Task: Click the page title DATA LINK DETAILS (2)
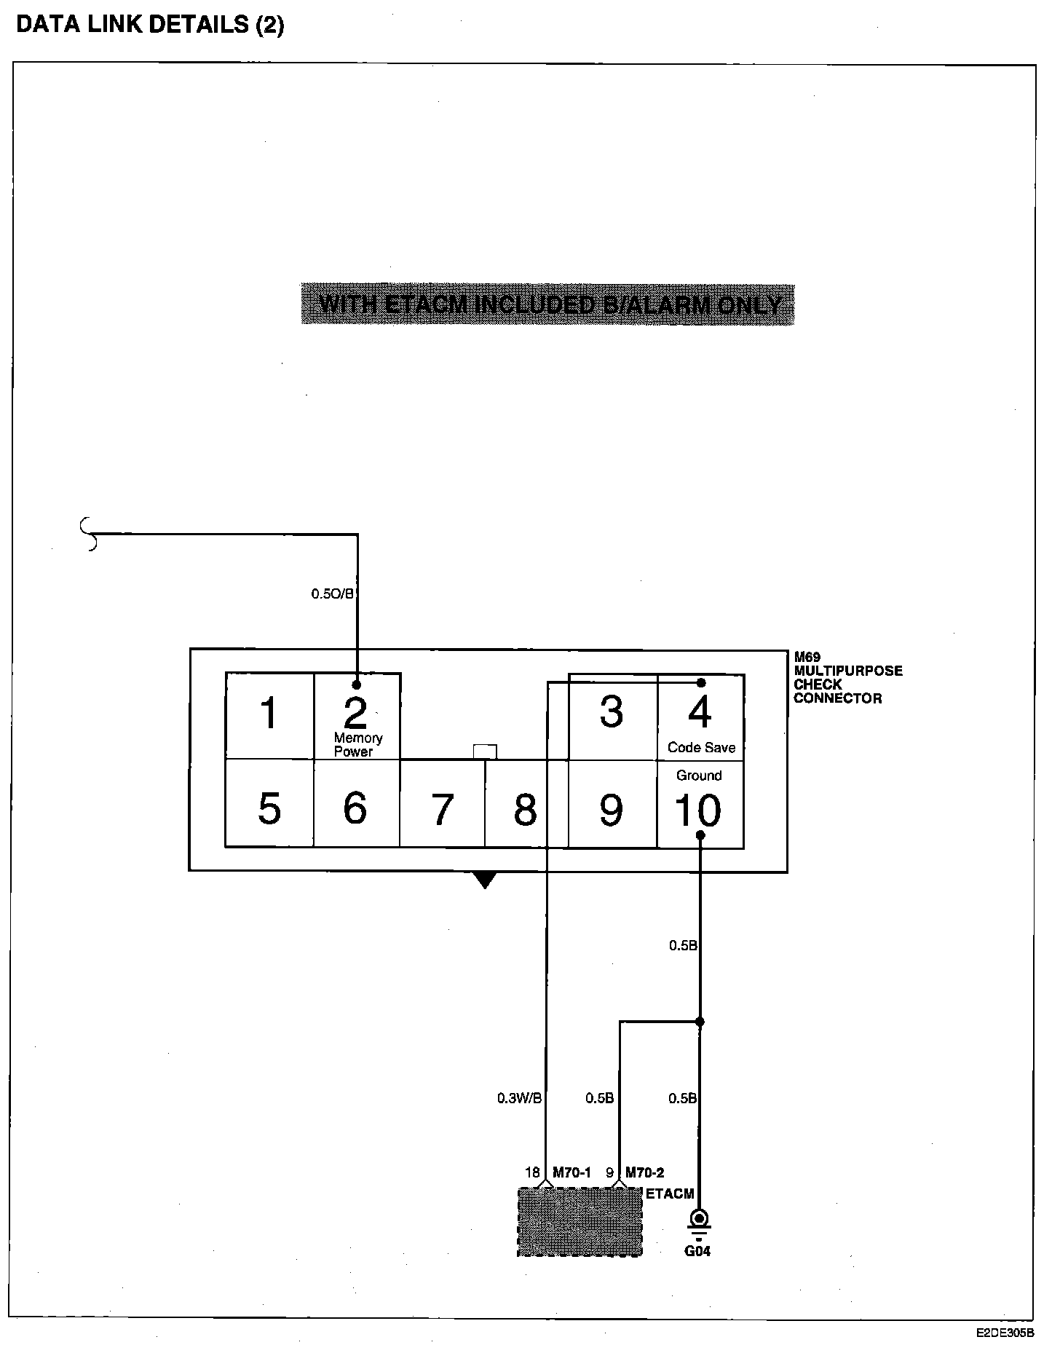150,25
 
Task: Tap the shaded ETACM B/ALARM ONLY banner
547,304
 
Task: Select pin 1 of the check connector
269,713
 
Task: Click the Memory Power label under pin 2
357,744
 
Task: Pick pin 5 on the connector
269,808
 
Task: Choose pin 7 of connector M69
443,809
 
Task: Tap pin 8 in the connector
525,809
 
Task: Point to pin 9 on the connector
611,809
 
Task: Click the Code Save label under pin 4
701,748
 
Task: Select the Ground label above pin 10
699,776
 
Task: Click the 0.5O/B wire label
333,593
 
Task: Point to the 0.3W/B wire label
519,1098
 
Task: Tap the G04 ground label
697,1251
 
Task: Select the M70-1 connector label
571,1172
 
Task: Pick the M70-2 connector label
644,1172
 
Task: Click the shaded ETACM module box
580,1221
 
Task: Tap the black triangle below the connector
485,880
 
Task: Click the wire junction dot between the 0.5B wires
700,1022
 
